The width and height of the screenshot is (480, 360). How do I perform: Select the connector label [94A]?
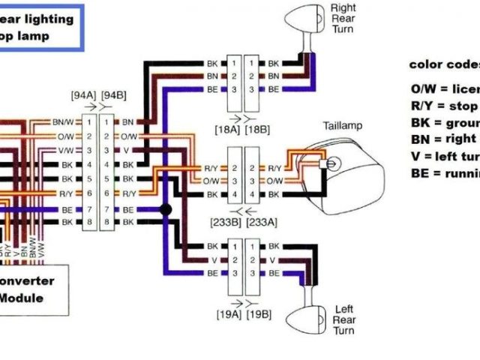point(84,96)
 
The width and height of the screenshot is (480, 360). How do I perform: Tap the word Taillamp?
point(343,125)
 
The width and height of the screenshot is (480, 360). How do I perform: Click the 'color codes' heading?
point(444,64)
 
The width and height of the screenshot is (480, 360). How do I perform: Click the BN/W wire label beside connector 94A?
point(63,121)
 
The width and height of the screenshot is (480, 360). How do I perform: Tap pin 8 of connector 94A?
point(88,223)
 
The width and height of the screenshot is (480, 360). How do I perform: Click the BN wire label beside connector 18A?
point(213,76)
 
